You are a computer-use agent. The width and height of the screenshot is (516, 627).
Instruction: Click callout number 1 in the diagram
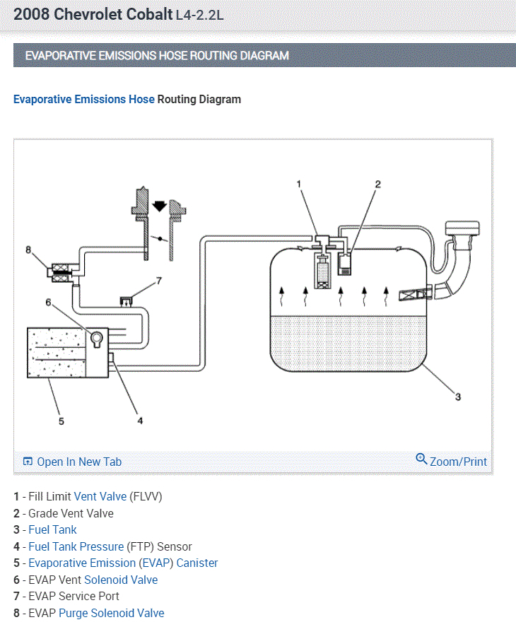pos(299,184)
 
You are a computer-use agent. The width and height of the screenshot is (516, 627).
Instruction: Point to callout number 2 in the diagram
pos(377,184)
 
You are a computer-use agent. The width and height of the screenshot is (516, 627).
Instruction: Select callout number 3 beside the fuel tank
pos(457,397)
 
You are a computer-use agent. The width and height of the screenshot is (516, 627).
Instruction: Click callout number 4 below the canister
pos(140,420)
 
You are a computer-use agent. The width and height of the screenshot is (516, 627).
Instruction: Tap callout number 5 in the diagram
pos(61,421)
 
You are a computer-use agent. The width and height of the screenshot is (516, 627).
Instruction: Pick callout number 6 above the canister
pos(49,302)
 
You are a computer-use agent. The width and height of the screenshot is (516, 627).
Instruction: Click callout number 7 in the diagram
pos(159,281)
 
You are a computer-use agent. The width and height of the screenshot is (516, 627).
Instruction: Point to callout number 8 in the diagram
pos(28,250)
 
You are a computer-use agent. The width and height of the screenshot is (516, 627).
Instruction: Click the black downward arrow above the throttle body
pos(160,206)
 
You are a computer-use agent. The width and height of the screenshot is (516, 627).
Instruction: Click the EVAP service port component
pos(127,302)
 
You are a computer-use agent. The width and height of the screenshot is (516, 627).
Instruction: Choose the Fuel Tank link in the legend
pos(52,529)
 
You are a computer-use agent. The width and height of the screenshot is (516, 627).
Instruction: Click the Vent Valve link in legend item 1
pos(100,496)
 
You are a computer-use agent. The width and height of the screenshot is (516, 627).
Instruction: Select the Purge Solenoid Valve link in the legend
pos(111,613)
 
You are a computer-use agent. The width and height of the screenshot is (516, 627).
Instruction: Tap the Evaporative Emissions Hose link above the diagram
pos(83,99)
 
